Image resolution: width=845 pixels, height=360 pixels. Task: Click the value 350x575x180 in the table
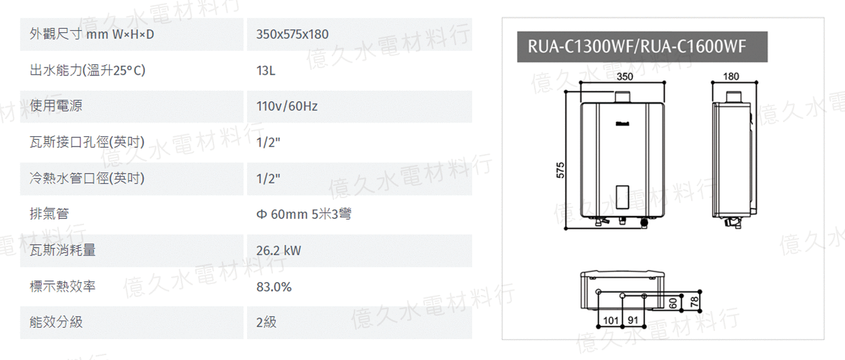coord(292,34)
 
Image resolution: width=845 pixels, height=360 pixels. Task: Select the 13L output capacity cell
coord(266,71)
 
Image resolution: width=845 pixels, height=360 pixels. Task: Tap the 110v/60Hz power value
coord(287,107)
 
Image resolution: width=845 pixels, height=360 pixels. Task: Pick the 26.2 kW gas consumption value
coord(279,251)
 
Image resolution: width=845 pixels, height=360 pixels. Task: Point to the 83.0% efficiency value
coord(274,287)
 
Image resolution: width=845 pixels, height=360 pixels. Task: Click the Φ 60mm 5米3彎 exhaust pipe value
coord(304,214)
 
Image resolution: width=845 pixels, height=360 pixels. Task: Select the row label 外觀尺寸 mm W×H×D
coord(91,34)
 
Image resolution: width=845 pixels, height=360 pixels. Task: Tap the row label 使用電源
coord(56,105)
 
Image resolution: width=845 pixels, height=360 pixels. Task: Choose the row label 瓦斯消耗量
coord(63,250)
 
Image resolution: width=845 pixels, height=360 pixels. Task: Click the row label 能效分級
coord(56,322)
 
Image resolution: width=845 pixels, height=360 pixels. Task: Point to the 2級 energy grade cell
coord(266,322)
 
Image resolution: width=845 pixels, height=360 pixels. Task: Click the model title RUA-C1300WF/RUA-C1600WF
coord(637,47)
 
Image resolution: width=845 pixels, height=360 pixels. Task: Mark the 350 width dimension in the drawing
coord(625,77)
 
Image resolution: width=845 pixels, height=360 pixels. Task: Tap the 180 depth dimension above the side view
coord(731,77)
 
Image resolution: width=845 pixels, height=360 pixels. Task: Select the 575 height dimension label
coord(560,170)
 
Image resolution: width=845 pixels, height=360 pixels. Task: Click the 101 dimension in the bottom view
coord(611,320)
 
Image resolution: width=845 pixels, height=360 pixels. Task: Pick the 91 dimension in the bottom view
coord(633,320)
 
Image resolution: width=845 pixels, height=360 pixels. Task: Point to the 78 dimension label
coord(694,302)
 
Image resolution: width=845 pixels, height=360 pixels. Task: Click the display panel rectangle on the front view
coord(622,197)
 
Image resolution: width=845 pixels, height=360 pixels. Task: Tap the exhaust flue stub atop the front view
coord(622,97)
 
